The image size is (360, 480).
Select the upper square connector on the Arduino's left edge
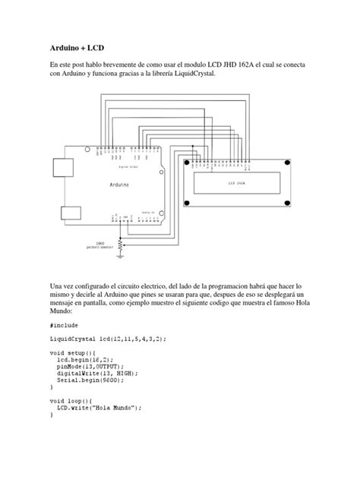59,167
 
